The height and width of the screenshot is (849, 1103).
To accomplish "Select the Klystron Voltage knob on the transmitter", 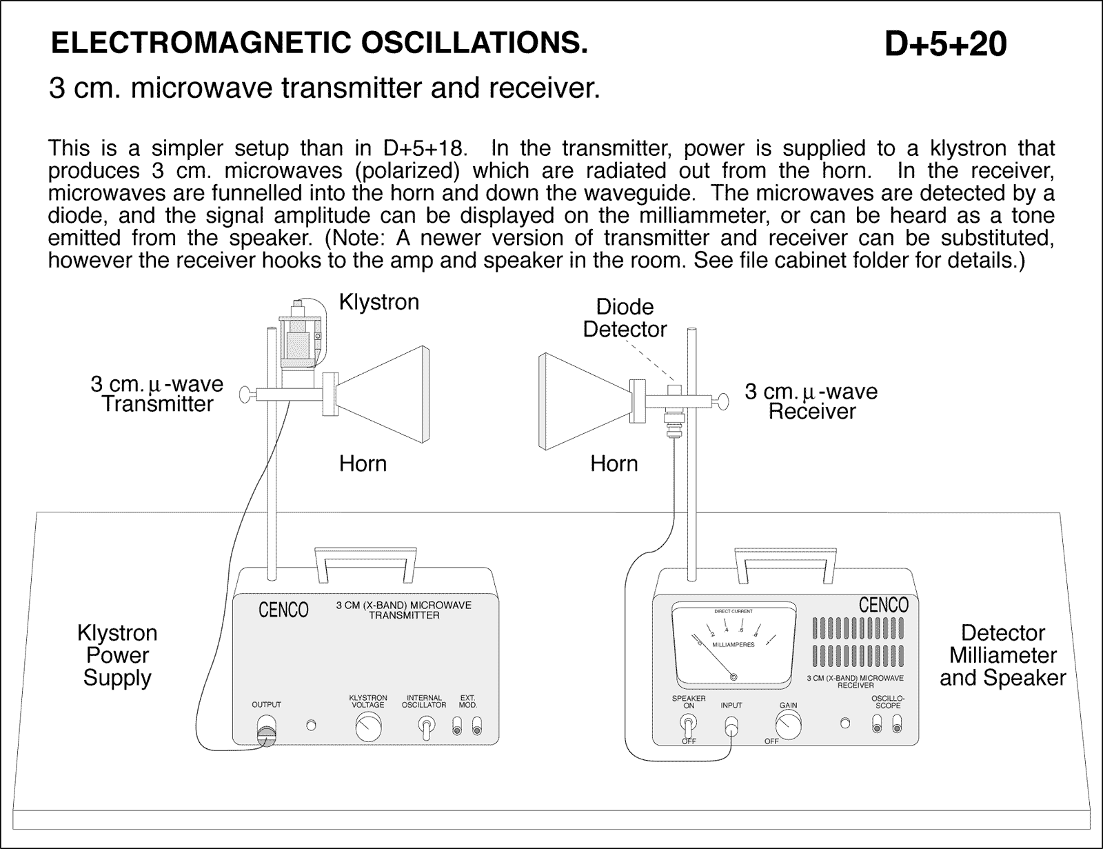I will pyautogui.click(x=368, y=727).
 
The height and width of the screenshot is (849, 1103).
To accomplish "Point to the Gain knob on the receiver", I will pyautogui.click(x=788, y=725).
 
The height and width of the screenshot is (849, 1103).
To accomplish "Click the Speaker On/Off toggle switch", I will pyautogui.click(x=688, y=723).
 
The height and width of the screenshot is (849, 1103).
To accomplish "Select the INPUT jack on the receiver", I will pyautogui.click(x=732, y=726).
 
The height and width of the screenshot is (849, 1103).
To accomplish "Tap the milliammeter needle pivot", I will pyautogui.click(x=733, y=677).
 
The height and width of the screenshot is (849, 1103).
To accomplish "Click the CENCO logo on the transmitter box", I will pyautogui.click(x=283, y=610).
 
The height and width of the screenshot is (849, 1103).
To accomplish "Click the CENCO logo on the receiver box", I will pyautogui.click(x=883, y=606).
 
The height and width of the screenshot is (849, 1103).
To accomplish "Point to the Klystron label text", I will pyautogui.click(x=378, y=302).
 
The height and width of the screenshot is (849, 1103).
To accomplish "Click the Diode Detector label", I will pyautogui.click(x=625, y=318).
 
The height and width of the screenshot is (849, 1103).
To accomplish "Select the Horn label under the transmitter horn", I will pyautogui.click(x=363, y=463).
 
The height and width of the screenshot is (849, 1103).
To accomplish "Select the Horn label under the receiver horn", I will pyautogui.click(x=614, y=463).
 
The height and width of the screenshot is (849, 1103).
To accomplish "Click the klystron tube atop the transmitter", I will pyautogui.click(x=299, y=336).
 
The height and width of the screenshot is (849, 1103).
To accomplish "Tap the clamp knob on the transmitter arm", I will pyautogui.click(x=245, y=394).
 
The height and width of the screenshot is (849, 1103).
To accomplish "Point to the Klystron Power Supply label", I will pyautogui.click(x=117, y=655).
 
